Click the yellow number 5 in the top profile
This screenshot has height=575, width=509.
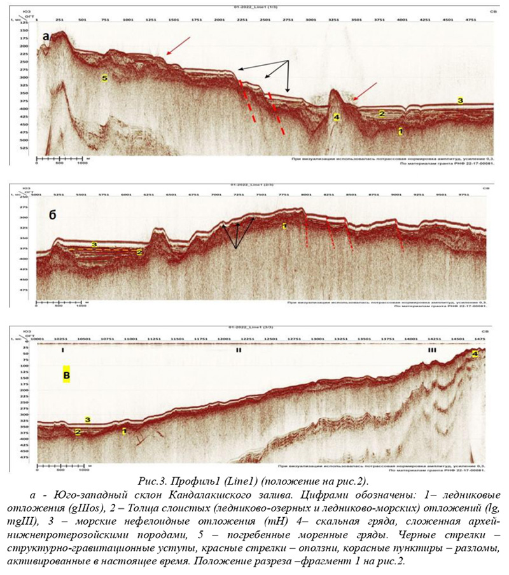(x=105, y=78)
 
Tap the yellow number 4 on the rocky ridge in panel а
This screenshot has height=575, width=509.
(x=337, y=117)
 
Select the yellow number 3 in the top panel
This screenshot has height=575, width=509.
(x=459, y=100)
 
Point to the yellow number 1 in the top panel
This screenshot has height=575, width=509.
(x=400, y=132)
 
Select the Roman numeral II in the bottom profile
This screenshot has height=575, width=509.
(x=239, y=350)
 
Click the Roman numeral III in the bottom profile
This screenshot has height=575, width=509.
(x=432, y=350)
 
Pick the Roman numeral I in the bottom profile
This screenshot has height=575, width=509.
(x=63, y=350)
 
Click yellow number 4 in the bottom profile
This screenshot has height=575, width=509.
(x=474, y=354)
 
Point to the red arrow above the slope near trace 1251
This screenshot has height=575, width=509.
(x=178, y=46)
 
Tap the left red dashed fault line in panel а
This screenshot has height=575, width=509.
(x=248, y=102)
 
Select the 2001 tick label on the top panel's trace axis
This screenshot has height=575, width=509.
(x=220, y=20)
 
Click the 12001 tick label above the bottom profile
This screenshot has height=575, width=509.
(x=223, y=340)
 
